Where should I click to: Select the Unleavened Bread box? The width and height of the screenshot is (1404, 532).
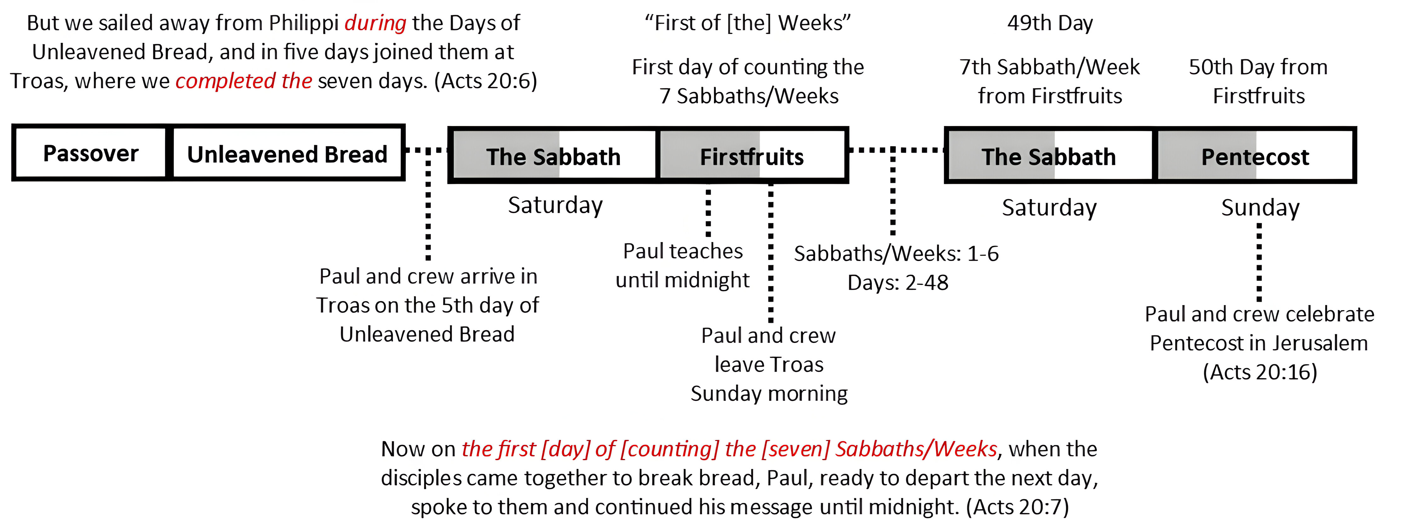[x=287, y=153]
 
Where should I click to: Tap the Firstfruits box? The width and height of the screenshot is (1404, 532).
[x=753, y=155]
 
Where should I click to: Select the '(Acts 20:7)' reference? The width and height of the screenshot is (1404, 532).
[x=1018, y=507]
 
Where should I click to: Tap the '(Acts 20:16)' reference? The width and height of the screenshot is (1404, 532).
[x=1260, y=372]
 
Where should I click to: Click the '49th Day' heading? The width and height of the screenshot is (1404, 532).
[x=1050, y=23]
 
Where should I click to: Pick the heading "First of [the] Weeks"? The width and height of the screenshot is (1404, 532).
[x=748, y=23]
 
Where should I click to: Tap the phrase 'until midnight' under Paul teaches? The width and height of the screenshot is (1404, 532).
[x=683, y=280]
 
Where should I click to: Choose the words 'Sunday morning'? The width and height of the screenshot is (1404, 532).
[x=769, y=394]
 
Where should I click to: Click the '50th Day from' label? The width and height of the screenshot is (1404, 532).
[x=1258, y=67]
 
